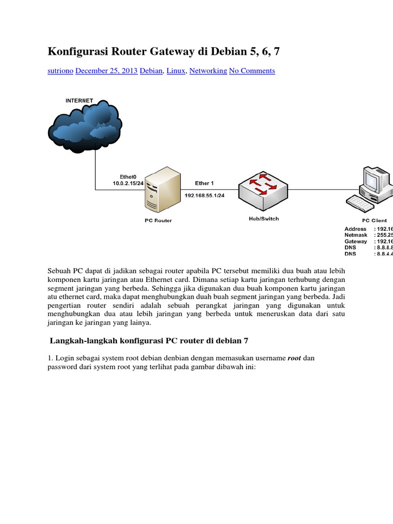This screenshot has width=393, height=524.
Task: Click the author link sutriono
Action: [60, 71]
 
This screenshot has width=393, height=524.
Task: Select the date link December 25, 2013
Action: [106, 71]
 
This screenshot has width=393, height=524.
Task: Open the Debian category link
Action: [151, 71]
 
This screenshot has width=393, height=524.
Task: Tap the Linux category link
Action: [176, 71]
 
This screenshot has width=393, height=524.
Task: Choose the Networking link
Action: [208, 71]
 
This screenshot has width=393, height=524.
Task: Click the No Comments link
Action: [252, 71]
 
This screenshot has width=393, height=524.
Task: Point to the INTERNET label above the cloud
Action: [79, 101]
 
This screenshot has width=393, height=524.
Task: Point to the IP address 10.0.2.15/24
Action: [128, 183]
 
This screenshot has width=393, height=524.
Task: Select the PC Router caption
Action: [158, 221]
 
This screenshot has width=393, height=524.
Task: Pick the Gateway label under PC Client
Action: [356, 241]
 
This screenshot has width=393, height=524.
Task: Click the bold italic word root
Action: [294, 358]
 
